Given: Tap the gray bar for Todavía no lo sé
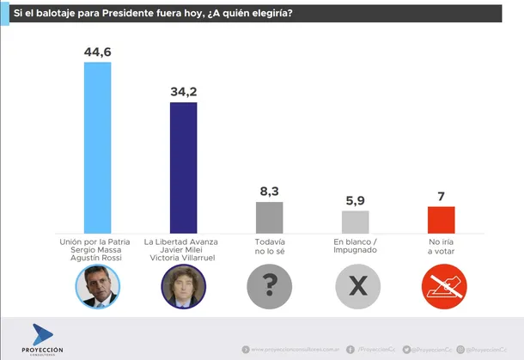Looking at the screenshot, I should pyautogui.click(x=269, y=215).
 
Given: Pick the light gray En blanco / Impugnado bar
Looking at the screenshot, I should pyautogui.click(x=355, y=219).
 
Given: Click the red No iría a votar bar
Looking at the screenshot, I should pyautogui.click(x=441, y=217).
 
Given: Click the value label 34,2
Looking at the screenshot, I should pyautogui.click(x=183, y=91).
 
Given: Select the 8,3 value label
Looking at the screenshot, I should pyautogui.click(x=269, y=192).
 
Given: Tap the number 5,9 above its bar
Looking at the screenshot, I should pyautogui.click(x=355, y=200).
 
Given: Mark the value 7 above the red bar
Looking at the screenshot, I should pyautogui.click(x=441, y=196).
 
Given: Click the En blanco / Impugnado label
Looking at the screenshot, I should pyautogui.click(x=355, y=247).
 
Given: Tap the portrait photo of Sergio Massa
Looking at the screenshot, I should pyautogui.click(x=96, y=287).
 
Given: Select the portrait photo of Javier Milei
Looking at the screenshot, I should pyautogui.click(x=183, y=287).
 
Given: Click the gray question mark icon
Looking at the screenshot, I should pyautogui.click(x=269, y=287).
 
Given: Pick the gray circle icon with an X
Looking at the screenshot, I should pyautogui.click(x=355, y=287).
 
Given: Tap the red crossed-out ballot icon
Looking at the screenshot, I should pyautogui.click(x=441, y=287).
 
